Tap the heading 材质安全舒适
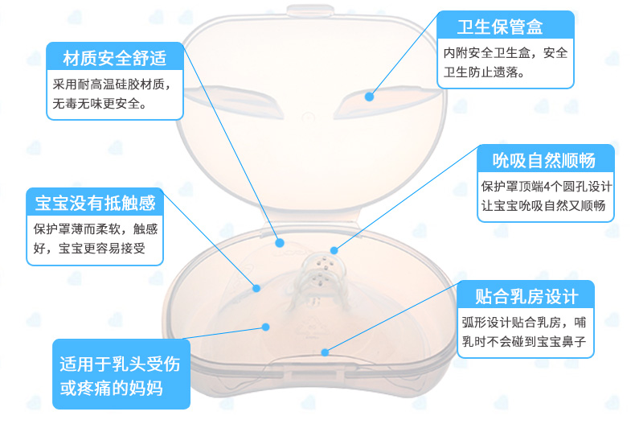point(115,58)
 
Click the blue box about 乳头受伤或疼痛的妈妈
point(121,375)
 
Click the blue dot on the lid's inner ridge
point(370,96)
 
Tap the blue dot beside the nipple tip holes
point(334,250)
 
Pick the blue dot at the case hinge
point(280,241)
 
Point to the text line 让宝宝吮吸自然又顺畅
point(547,206)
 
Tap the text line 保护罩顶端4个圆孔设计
point(547,187)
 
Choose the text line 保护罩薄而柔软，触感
point(96,228)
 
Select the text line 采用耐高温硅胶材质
point(113,84)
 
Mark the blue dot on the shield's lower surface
point(266,326)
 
